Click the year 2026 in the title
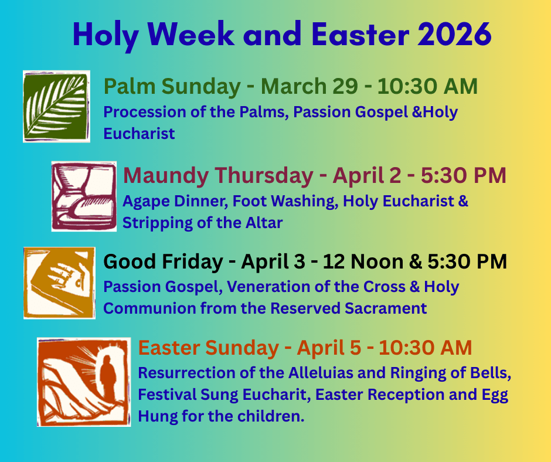455,35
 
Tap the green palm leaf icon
56,106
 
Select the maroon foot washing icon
84,196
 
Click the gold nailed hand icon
59,283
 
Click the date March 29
309,86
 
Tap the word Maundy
165,176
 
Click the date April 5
329,348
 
